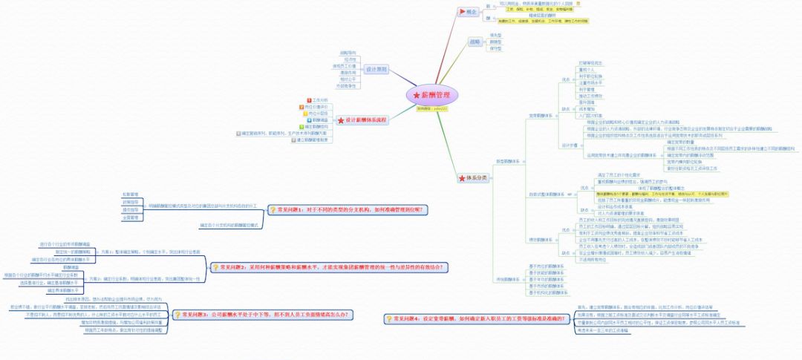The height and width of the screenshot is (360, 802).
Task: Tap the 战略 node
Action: (475, 42)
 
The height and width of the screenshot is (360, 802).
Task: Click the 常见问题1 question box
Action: (348, 209)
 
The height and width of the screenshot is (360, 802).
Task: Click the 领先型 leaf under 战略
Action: (495, 35)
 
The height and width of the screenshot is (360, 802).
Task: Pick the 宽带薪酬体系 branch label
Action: (540, 115)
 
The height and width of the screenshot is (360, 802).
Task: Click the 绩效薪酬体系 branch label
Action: (540, 239)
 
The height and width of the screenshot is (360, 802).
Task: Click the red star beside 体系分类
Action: (462, 178)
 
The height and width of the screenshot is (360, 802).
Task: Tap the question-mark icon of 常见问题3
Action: (177, 315)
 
